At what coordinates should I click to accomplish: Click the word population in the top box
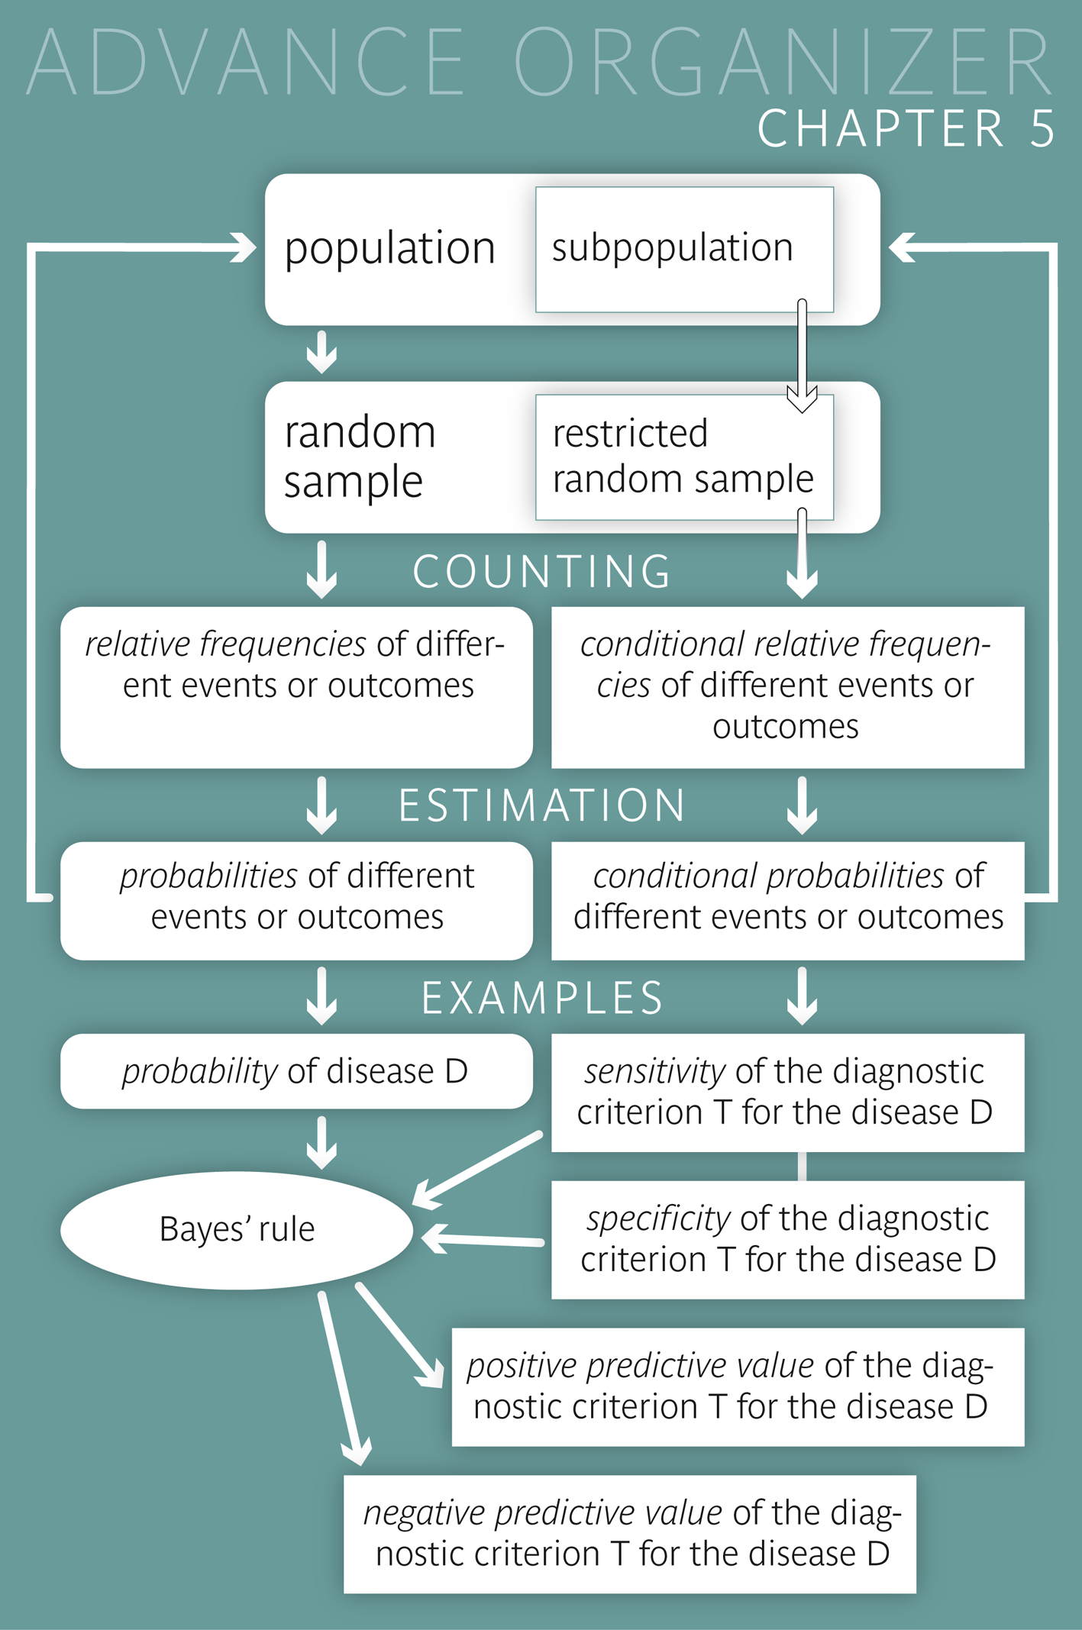click(389, 249)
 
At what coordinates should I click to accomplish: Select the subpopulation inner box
click(683, 249)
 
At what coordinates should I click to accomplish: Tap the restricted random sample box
click(683, 457)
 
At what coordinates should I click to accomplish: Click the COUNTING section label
click(541, 572)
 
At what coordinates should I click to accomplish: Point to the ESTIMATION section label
click(541, 806)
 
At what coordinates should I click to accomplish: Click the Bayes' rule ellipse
click(237, 1230)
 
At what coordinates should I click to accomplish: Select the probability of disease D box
click(296, 1071)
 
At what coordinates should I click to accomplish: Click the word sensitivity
click(654, 1071)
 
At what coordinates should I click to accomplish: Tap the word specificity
click(658, 1218)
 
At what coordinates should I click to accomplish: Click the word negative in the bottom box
click(424, 1512)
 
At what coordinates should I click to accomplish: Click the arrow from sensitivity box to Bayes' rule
click(477, 1170)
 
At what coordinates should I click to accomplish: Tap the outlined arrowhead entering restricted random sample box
click(802, 398)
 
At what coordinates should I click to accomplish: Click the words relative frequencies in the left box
click(225, 644)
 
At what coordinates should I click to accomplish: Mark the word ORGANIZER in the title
click(783, 63)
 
